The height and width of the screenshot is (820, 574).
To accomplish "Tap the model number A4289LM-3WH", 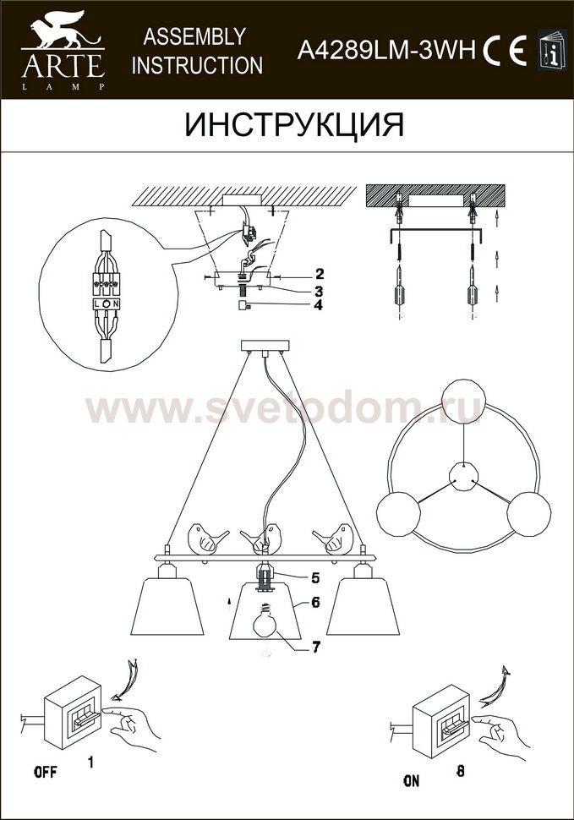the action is coord(387,51).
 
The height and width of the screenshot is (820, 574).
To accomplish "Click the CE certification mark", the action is coord(505,52).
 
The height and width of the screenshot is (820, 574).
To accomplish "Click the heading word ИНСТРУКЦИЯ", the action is coord(294,125).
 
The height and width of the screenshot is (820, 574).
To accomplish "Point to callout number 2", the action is coord(319,274).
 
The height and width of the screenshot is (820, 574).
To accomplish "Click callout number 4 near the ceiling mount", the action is coord(319,304).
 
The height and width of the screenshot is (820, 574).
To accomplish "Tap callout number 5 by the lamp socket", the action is coord(315,578).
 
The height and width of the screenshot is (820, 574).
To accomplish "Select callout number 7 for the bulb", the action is coord(315,647).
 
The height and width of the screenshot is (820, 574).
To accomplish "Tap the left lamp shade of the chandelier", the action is coord(167,606).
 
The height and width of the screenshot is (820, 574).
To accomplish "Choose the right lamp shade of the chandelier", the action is coord(364,606).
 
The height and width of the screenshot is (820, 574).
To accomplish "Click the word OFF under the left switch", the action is coord(46,772).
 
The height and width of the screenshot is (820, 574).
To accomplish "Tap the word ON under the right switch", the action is coord(412,781).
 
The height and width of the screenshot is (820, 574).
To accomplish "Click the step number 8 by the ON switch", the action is coord(460,771).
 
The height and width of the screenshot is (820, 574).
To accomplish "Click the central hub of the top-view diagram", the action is coord(464,476).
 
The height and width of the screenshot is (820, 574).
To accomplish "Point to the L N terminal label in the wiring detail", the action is coord(107,303).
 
